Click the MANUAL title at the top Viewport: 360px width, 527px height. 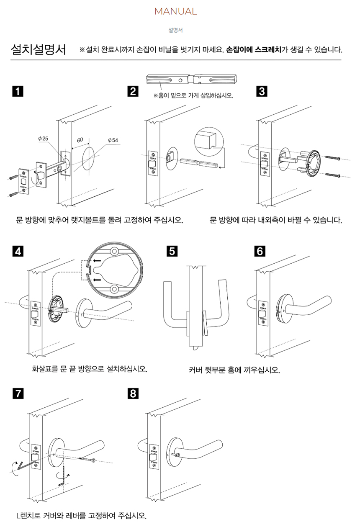176,12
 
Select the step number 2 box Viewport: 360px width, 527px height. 133,91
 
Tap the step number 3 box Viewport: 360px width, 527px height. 261,91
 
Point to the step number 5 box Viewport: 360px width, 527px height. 171,252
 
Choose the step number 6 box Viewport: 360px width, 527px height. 260,252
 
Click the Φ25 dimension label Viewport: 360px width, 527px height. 43,138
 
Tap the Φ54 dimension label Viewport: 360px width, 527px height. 113,139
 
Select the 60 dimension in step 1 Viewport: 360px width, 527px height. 80,139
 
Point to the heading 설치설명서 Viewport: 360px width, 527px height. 39,50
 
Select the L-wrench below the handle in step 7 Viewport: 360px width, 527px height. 63,475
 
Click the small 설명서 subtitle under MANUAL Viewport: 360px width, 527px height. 175,30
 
